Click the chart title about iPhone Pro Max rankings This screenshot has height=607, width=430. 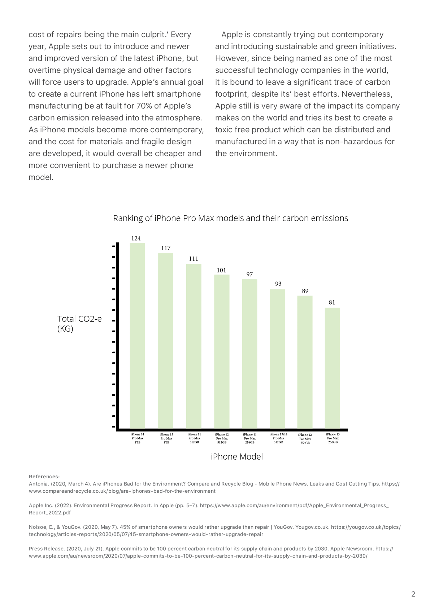click(230, 218)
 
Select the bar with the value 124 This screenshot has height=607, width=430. click(137, 336)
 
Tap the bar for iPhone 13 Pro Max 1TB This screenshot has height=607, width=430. click(165, 341)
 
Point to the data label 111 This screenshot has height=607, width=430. click(194, 258)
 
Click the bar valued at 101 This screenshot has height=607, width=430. click(222, 351)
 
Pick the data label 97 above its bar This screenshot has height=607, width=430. click(249, 274)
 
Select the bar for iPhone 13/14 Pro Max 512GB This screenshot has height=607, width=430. click(277, 359)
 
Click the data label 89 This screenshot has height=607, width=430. click(305, 291)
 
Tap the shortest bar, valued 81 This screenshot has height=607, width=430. click(332, 368)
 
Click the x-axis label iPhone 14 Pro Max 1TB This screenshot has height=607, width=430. click(137, 438)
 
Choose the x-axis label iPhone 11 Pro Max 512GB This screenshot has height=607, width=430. click(194, 438)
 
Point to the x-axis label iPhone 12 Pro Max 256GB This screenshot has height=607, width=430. click(305, 439)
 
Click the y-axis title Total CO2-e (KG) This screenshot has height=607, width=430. click(79, 324)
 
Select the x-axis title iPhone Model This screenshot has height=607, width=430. click(237, 457)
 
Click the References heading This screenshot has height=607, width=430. click(44, 477)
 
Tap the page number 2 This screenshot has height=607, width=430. click(413, 594)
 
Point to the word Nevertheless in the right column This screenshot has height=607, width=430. click(367, 94)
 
